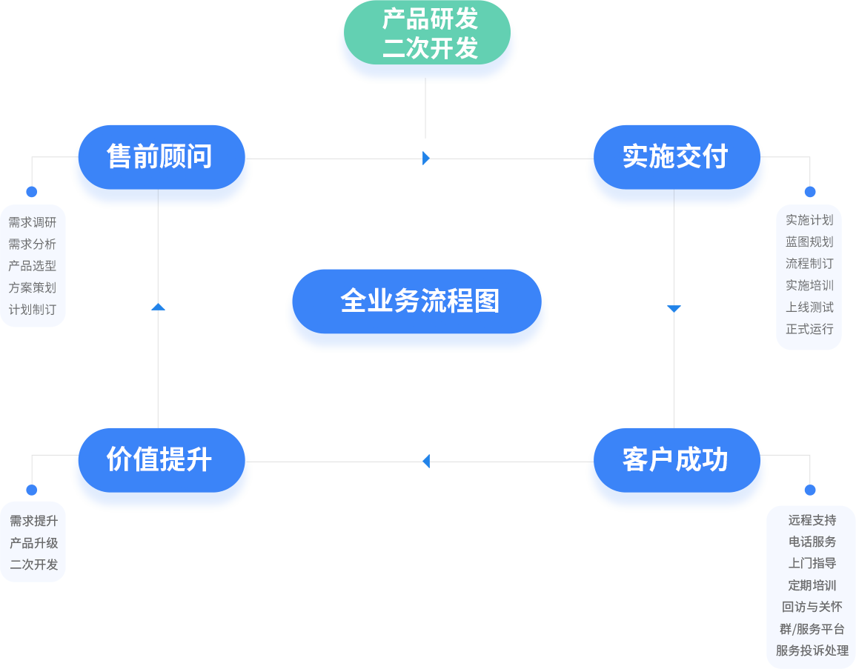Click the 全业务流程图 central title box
click(x=417, y=313)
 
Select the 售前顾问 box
click(x=162, y=168)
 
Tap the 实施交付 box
click(x=677, y=168)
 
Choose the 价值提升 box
click(x=162, y=471)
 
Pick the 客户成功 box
click(x=677, y=471)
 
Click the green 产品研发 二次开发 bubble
click(x=428, y=33)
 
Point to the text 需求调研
click(x=33, y=222)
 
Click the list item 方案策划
click(x=33, y=287)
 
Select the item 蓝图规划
click(x=809, y=242)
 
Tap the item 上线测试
click(x=809, y=307)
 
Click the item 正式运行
click(x=809, y=328)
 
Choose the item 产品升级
click(x=34, y=542)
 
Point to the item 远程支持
click(x=812, y=520)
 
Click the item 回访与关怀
click(x=812, y=607)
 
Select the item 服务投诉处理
click(x=812, y=650)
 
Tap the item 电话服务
click(x=812, y=542)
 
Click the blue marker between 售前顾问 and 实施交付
click(x=426, y=158)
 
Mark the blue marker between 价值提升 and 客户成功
click(x=426, y=461)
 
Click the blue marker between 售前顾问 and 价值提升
click(x=158, y=307)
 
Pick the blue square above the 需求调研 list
click(x=32, y=192)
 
